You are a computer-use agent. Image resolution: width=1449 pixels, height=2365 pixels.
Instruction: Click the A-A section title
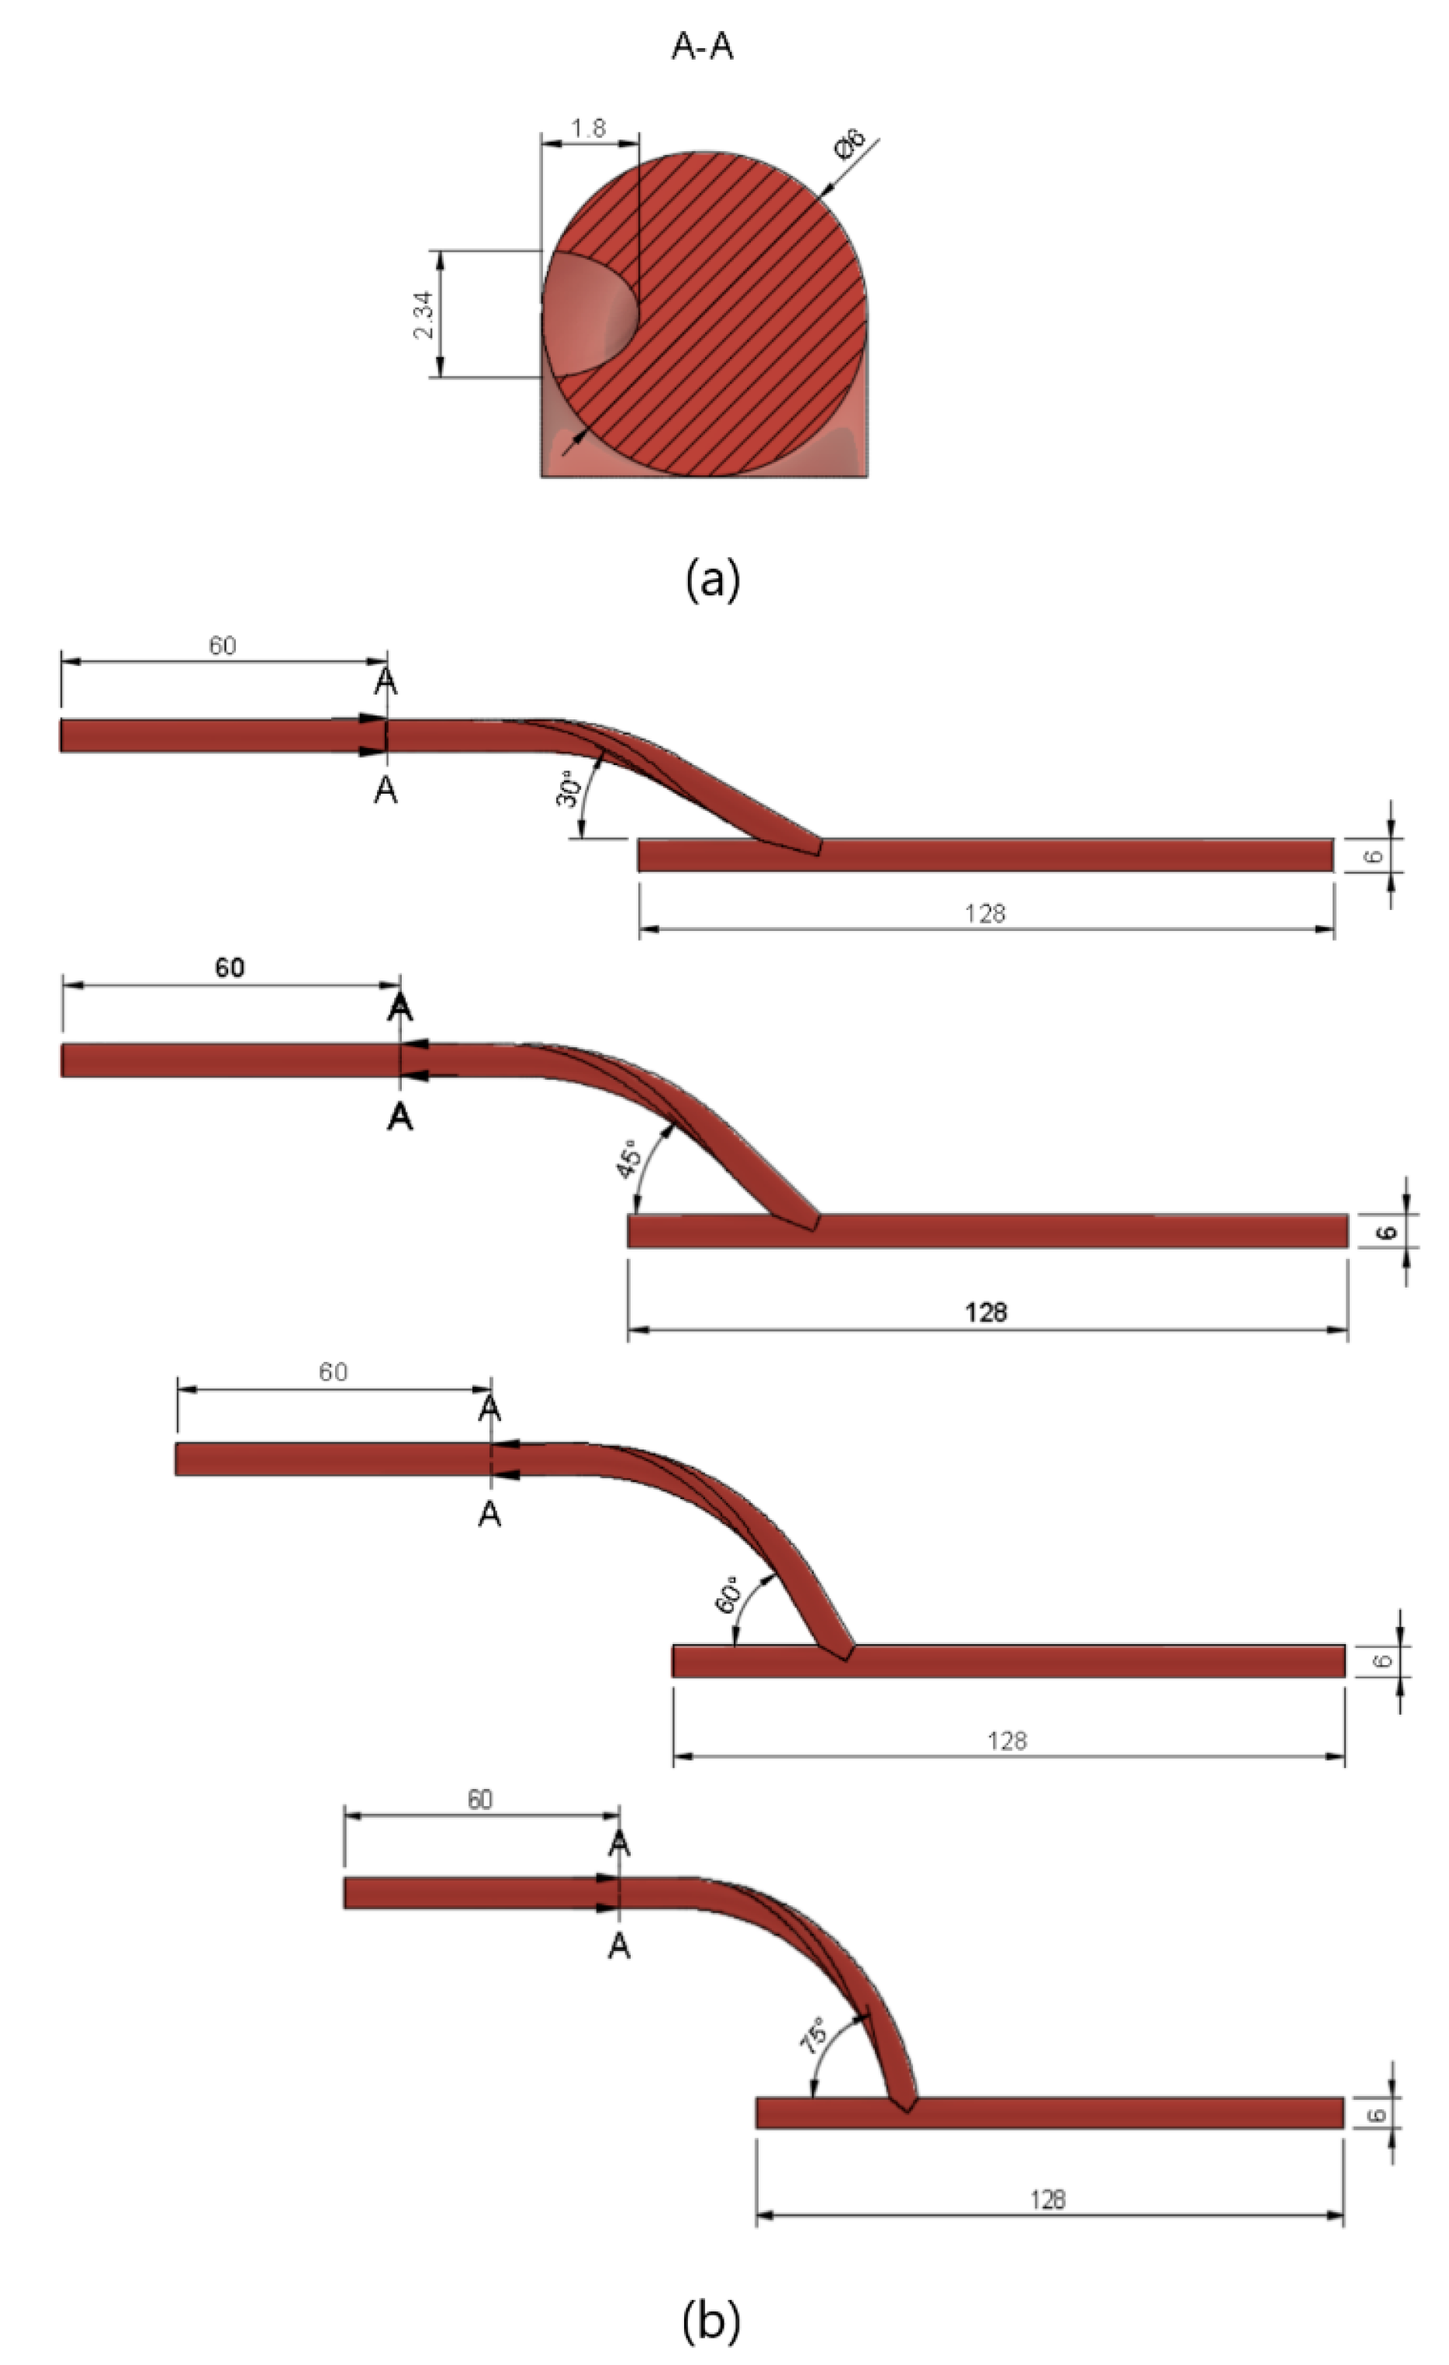tap(702, 46)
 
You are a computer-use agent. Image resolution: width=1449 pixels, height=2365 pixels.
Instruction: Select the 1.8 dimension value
tap(588, 129)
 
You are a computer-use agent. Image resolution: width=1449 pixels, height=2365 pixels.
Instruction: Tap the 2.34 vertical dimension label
tap(424, 315)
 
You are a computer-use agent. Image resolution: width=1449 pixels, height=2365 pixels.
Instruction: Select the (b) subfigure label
tap(711, 2320)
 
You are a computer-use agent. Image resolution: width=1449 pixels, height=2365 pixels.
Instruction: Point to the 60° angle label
tap(727, 1594)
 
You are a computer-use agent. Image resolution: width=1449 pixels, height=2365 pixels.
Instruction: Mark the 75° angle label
tap(812, 2035)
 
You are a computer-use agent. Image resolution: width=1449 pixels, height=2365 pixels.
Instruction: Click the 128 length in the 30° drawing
tap(985, 913)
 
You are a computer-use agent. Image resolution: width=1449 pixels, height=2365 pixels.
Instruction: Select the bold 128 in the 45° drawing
tap(986, 1312)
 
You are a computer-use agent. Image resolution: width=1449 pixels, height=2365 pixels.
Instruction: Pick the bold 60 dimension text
tap(230, 967)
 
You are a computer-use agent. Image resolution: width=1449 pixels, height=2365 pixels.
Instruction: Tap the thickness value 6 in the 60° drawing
tap(1383, 1660)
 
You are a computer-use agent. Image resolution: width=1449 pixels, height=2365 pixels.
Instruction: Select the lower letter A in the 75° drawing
tap(619, 1946)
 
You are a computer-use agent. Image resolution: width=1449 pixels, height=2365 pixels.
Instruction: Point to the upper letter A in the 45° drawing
tap(400, 1008)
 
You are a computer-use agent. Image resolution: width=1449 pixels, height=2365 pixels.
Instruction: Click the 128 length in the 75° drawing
tap(1048, 2199)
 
